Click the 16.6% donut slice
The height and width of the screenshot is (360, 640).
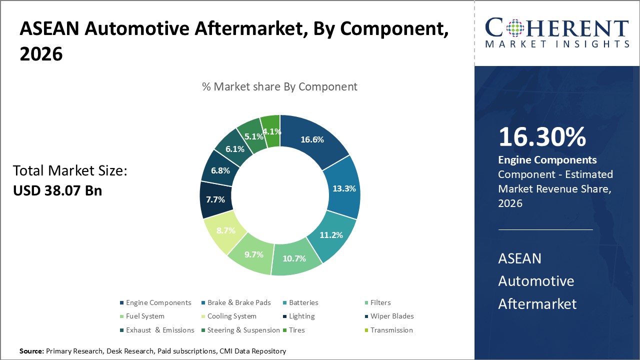[312, 139]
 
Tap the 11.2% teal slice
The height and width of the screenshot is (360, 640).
[330, 235]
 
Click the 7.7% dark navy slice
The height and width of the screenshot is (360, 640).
[215, 199]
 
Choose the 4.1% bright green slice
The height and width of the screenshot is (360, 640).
[271, 131]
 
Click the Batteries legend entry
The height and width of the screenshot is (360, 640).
[303, 302]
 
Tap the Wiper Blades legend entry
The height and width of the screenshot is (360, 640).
[391, 316]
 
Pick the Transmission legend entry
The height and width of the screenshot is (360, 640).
[391, 330]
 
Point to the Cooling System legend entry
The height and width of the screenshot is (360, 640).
[231, 316]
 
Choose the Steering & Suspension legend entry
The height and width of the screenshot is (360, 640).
[243, 330]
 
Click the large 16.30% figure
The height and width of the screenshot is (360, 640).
[542, 137]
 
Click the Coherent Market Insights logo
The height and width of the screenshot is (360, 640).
[557, 32]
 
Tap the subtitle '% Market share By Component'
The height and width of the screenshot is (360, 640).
[279, 86]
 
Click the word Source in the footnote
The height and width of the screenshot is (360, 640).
[31, 351]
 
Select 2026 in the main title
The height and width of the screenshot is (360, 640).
[41, 54]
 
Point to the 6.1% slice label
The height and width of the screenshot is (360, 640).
[235, 149]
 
